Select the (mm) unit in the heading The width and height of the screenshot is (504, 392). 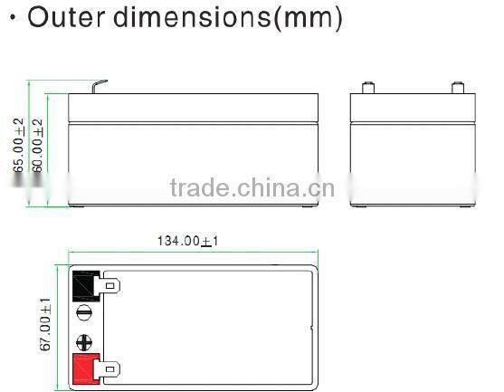(x=308, y=19)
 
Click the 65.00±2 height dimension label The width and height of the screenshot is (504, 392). (x=19, y=144)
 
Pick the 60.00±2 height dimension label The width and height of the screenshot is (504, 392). (x=38, y=144)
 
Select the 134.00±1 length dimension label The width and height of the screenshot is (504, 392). (x=188, y=241)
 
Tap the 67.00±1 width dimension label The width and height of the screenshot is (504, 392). (x=45, y=327)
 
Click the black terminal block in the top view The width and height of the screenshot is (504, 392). (x=86, y=286)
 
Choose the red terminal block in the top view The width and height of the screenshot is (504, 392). (x=86, y=369)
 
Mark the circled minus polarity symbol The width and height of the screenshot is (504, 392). (x=84, y=313)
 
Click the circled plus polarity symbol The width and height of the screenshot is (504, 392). (x=84, y=343)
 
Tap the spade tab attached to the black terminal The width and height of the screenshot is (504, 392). (x=110, y=286)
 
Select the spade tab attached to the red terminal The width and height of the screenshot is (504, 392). (x=110, y=369)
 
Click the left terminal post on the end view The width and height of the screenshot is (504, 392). (x=367, y=89)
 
